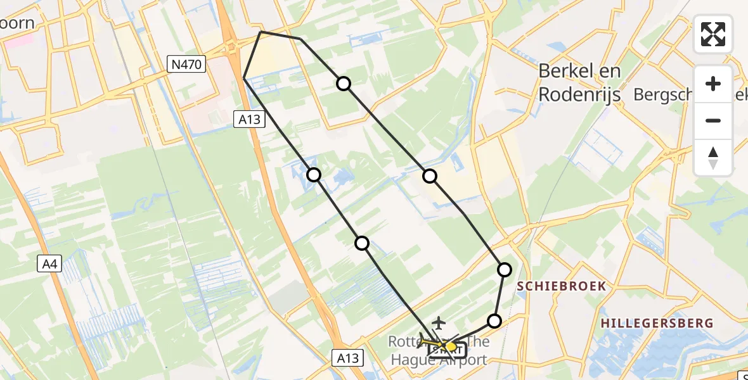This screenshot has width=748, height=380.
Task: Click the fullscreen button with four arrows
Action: click(713, 34)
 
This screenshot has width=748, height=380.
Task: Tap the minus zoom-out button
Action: click(713, 120)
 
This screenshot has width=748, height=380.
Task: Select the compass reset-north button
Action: click(713, 158)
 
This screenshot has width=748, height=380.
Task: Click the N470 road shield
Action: click(186, 63)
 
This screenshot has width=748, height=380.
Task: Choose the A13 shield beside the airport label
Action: click(347, 358)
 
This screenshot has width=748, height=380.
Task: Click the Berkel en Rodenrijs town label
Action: click(579, 82)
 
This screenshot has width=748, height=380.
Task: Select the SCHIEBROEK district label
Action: click(561, 286)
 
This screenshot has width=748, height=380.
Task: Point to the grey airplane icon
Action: click(437, 323)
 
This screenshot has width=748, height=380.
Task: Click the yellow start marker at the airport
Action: click(451, 346)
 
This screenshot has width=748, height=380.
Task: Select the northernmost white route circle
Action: click(343, 84)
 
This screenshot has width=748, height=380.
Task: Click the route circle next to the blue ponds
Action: click(314, 175)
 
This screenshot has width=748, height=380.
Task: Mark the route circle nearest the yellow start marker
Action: click(494, 321)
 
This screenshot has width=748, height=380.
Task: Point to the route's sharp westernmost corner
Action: click(244, 78)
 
